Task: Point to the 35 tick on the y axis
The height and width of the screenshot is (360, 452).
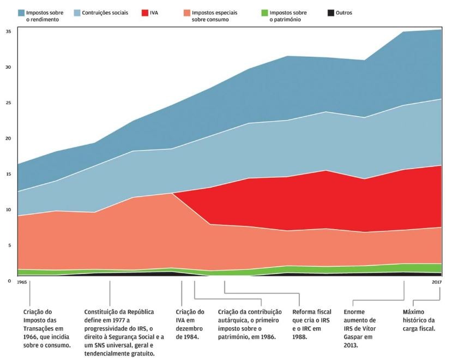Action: pyautogui.click(x=9, y=32)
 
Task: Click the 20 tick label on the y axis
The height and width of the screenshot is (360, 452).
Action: pyautogui.click(x=9, y=139)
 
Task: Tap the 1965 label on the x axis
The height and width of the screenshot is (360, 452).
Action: pyautogui.click(x=22, y=283)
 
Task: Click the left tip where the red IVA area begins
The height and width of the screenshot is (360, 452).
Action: pyautogui.click(x=173, y=193)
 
